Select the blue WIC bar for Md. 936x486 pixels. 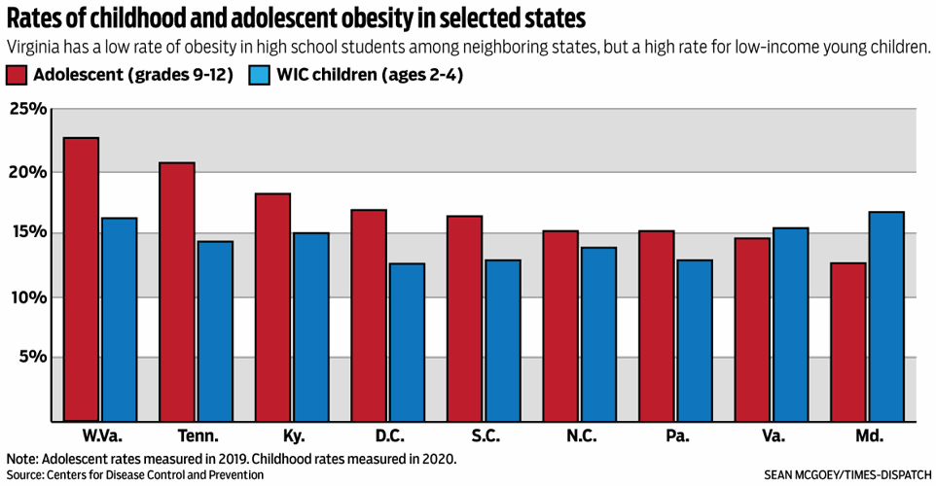[x=886, y=317]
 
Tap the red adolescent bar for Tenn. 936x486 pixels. [x=177, y=292]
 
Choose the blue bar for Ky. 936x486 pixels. [x=311, y=327]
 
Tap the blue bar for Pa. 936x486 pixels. [x=694, y=340]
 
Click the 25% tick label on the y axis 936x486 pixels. [x=28, y=109]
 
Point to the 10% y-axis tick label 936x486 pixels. [x=28, y=296]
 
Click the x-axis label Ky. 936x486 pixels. [x=292, y=436]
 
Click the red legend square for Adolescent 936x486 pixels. [x=17, y=75]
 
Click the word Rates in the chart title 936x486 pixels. [x=35, y=18]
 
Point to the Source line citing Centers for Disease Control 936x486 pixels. [x=135, y=474]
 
